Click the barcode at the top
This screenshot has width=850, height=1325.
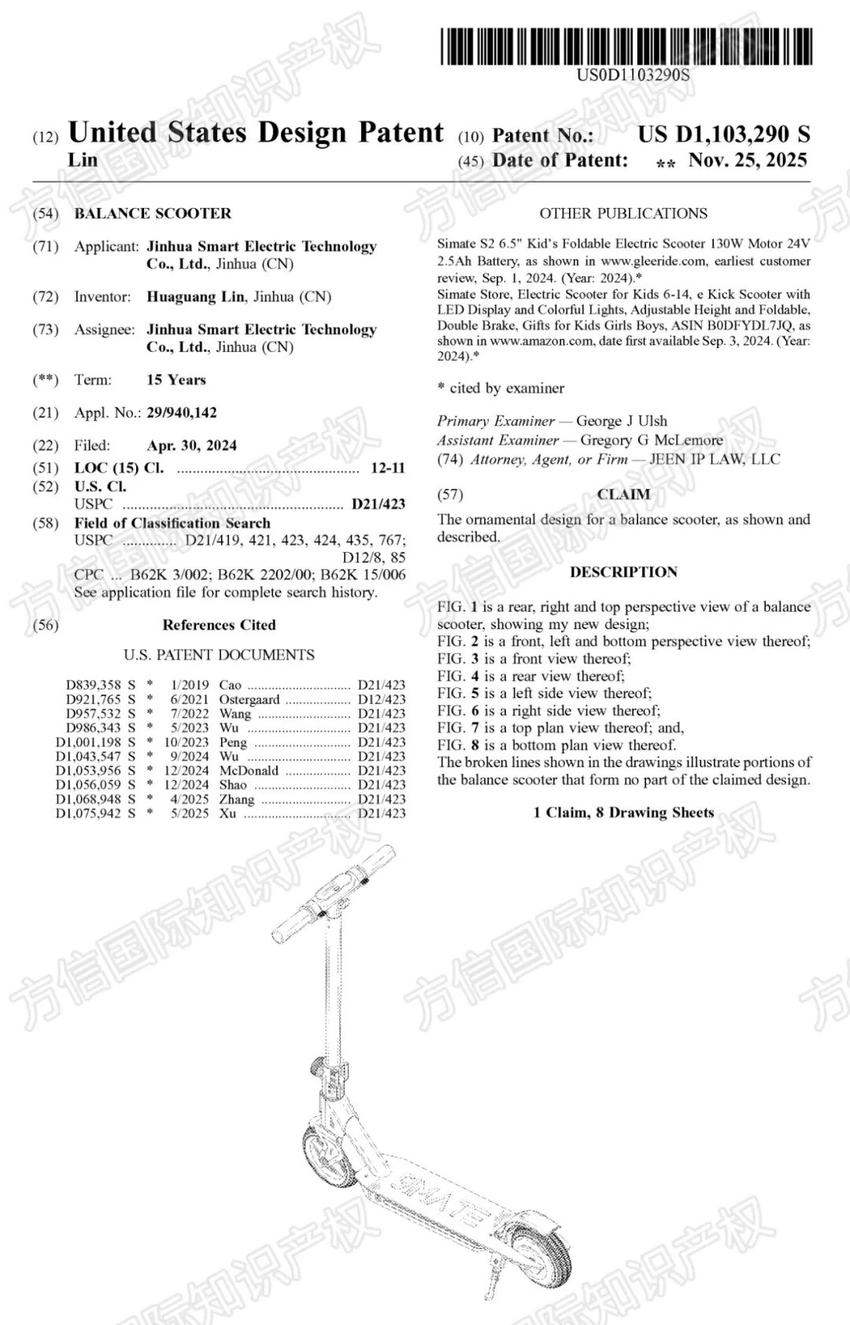[626, 46]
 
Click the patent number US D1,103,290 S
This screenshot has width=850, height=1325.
[723, 135]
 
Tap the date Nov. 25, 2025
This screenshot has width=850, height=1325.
[748, 161]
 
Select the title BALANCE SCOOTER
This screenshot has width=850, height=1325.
[153, 213]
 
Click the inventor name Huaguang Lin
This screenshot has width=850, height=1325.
[196, 297]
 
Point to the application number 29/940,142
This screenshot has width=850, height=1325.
[182, 413]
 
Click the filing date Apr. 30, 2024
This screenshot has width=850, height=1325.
[191, 446]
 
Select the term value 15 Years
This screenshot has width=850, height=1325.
[176, 379]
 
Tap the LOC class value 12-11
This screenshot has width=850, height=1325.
[388, 468]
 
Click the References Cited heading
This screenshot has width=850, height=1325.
[219, 625]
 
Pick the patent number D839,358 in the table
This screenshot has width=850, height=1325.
[93, 685]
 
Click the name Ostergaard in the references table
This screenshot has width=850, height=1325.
[249, 699]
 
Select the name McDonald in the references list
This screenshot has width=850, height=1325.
[249, 771]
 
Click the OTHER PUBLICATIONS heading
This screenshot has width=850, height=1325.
[623, 213]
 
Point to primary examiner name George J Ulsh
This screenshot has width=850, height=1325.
[622, 421]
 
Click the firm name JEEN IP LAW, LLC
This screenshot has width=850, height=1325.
[715, 459]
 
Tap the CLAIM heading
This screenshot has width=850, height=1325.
[623, 494]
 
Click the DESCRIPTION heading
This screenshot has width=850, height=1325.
[623, 572]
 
